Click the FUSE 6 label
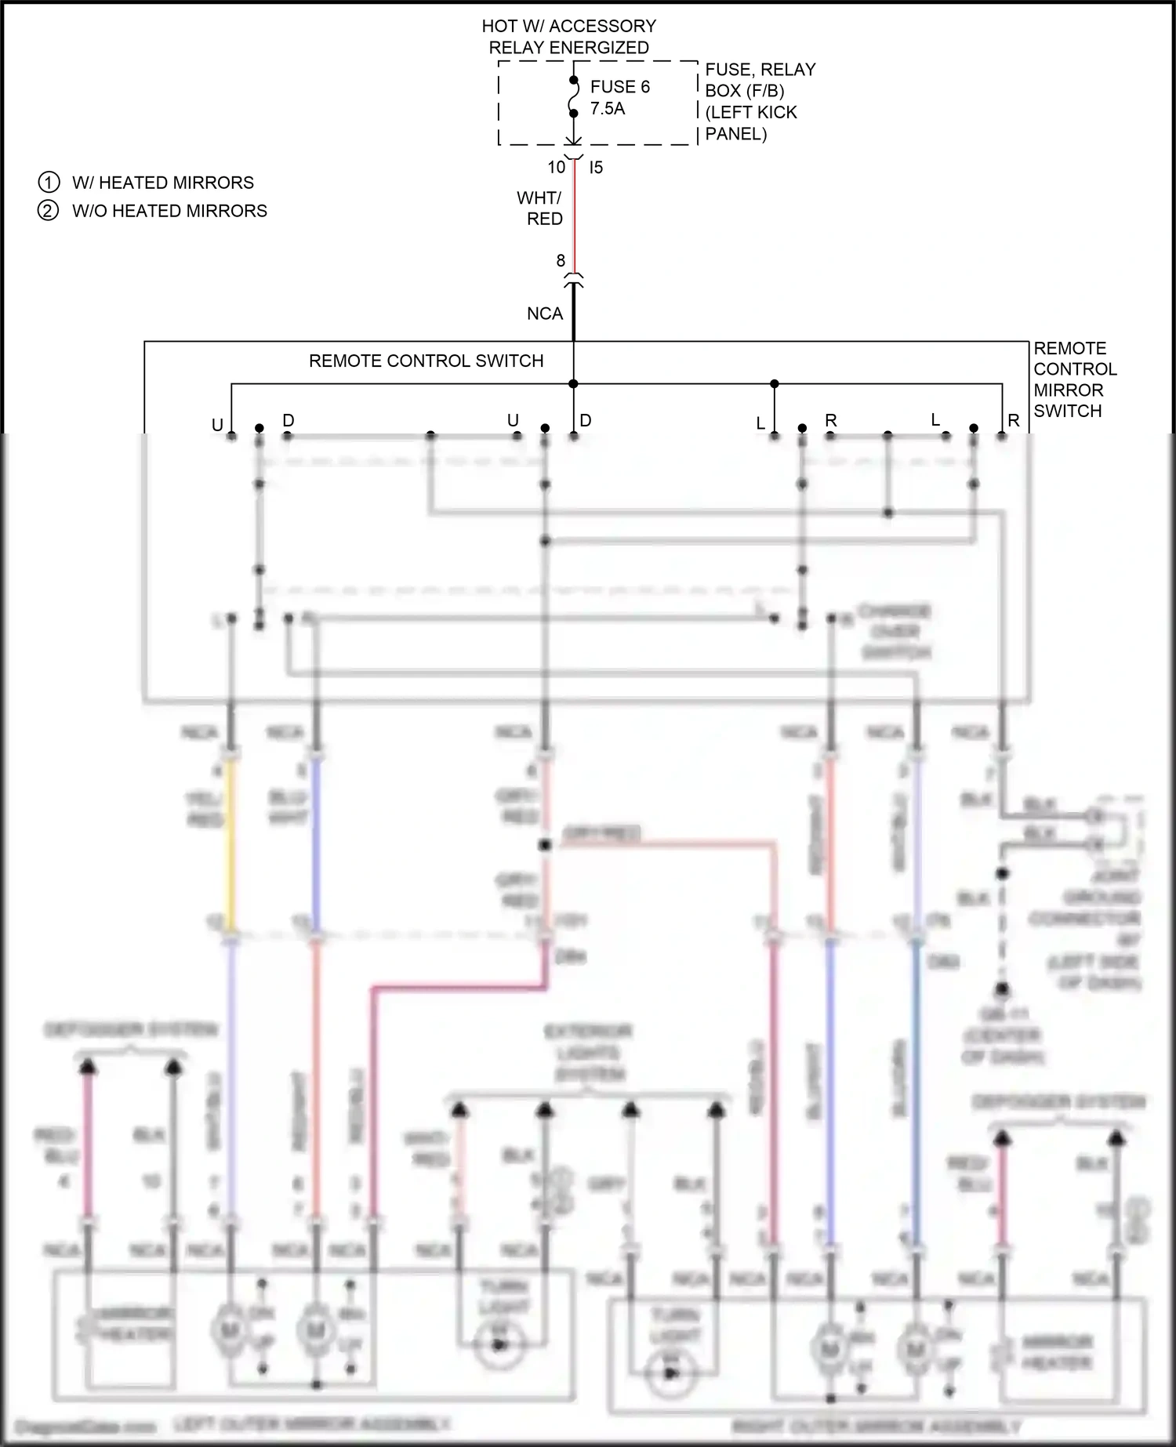619,87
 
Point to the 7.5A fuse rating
608,109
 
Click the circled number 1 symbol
49,183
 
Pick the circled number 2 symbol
49,211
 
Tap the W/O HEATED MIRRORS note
169,211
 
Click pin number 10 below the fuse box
557,167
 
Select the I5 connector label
596,167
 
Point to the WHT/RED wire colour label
540,208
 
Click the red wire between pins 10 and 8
575,219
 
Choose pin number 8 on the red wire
561,260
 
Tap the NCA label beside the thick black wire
545,314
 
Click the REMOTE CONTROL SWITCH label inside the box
426,361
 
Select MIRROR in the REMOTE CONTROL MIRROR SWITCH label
1068,390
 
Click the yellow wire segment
230,847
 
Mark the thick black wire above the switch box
574,314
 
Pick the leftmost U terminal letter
218,425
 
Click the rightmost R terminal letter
1014,421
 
